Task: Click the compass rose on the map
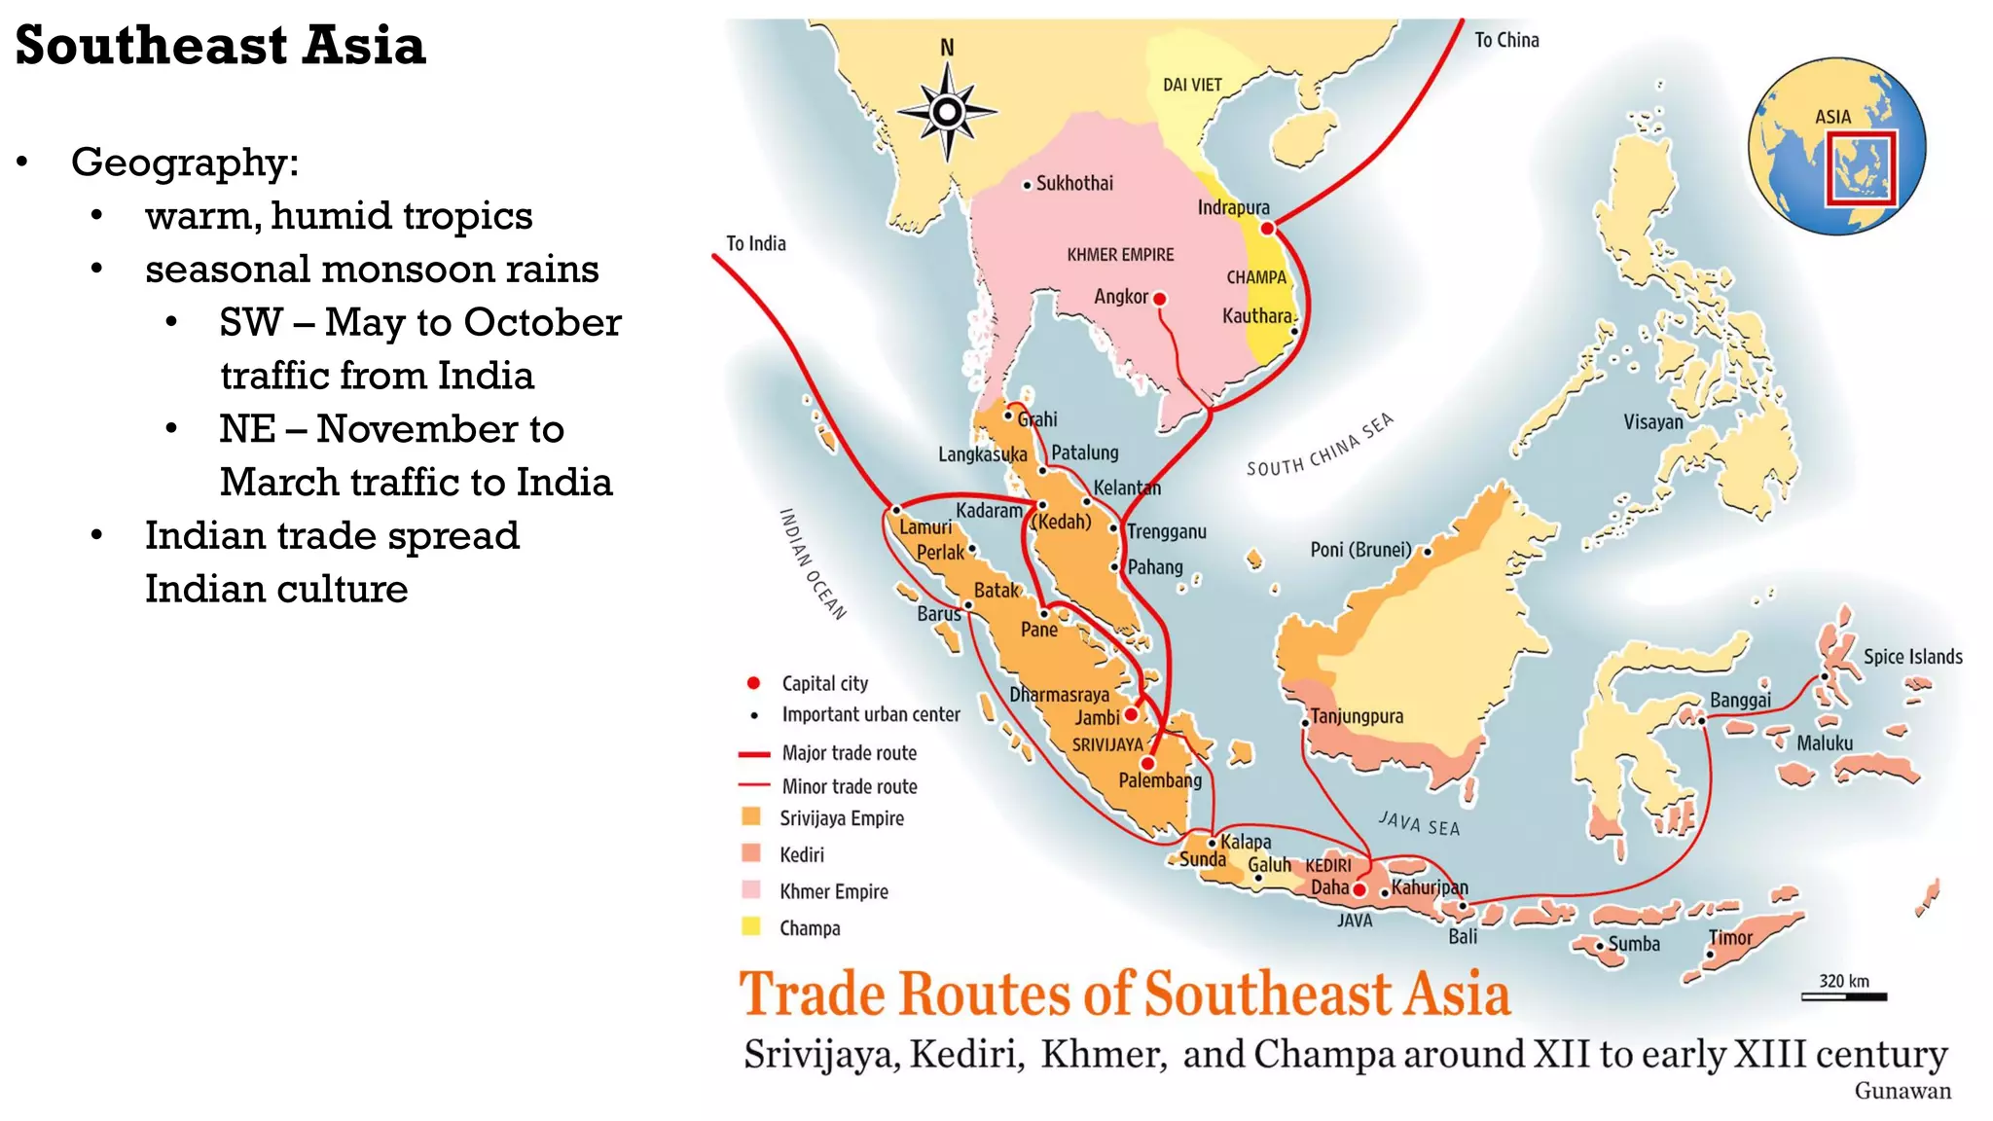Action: pyautogui.click(x=947, y=112)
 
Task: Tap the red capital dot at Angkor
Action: pyautogui.click(x=1159, y=299)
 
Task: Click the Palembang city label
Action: pyautogui.click(x=1159, y=780)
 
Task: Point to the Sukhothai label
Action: pyautogui.click(x=1073, y=183)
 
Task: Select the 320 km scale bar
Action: pyautogui.click(x=1843, y=995)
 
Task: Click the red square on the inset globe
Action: pyautogui.click(x=1860, y=167)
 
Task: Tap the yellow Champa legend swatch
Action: pyautogui.click(x=751, y=926)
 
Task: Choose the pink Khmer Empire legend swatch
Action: pyautogui.click(x=751, y=889)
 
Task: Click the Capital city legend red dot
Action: pyautogui.click(x=753, y=683)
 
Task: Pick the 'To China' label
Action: pyautogui.click(x=1505, y=40)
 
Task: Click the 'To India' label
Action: pyautogui.click(x=755, y=243)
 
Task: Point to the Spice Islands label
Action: pyautogui.click(x=1912, y=657)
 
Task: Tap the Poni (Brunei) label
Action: pyautogui.click(x=1359, y=550)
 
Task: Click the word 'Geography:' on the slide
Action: pyautogui.click(x=185, y=162)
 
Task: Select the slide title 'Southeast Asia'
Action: pyautogui.click(x=220, y=46)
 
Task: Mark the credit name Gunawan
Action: pyautogui.click(x=1902, y=1091)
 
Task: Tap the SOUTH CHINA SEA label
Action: pyautogui.click(x=1320, y=446)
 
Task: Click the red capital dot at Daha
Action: pyautogui.click(x=1359, y=889)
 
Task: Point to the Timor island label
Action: pyautogui.click(x=1729, y=938)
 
